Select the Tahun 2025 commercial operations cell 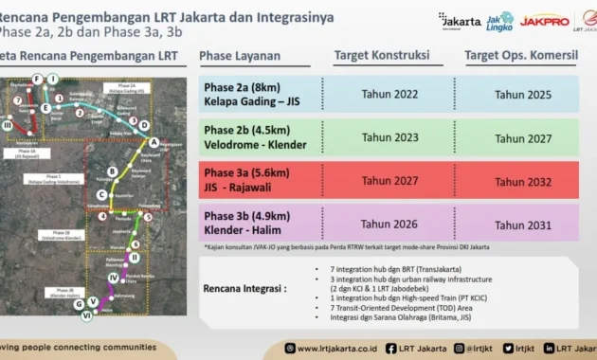(523, 95)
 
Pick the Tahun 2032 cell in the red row (523, 180)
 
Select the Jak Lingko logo (498, 20)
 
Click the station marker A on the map (154, 143)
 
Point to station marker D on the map (144, 124)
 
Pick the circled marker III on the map (9, 124)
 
